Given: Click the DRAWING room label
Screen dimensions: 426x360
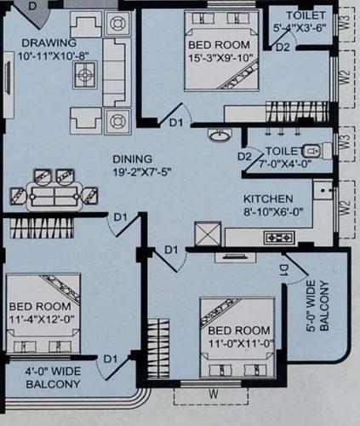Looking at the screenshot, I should coord(49,43).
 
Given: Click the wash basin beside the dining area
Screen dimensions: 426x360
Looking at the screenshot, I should coord(219,135).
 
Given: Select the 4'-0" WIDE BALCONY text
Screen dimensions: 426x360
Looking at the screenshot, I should coord(53,377).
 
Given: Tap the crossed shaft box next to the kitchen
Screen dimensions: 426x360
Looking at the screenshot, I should coord(209,233).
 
